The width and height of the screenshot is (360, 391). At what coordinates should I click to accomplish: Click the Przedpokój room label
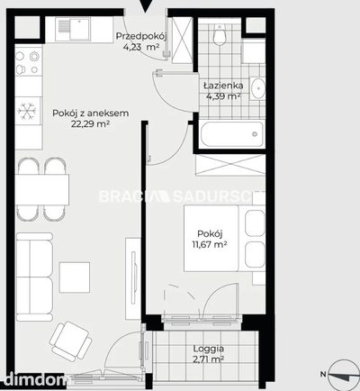coord(141,36)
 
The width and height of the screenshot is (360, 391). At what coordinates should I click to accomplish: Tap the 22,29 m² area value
coord(90,123)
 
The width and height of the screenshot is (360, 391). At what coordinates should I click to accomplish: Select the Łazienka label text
coord(223,86)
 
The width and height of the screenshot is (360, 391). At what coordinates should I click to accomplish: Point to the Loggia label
coord(208,349)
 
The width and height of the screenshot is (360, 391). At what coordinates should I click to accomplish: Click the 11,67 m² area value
coord(209,244)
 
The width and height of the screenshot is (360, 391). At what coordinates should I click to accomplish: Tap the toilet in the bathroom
coord(220,34)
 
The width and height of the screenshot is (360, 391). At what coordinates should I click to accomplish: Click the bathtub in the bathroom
coord(231,134)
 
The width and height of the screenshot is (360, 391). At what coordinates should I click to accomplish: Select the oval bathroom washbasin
coord(257,88)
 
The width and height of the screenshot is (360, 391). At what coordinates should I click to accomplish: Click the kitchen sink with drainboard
coord(73,29)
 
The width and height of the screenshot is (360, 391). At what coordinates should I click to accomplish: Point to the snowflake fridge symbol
coord(27,111)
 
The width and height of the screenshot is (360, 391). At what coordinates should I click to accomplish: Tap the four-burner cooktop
coord(28,62)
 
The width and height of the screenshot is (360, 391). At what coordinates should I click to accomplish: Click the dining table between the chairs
coord(42,189)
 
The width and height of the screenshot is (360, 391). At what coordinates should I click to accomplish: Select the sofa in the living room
coord(34,277)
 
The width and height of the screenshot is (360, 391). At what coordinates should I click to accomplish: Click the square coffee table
coord(75,277)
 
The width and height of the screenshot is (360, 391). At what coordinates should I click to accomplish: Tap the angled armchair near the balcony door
coord(71,341)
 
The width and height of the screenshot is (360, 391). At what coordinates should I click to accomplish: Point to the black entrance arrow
coord(145,6)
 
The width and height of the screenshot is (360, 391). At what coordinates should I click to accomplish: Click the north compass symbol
coord(343,375)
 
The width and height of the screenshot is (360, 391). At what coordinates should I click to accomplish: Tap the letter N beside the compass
coord(323,374)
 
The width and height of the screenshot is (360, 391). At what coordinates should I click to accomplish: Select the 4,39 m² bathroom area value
coord(223,96)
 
